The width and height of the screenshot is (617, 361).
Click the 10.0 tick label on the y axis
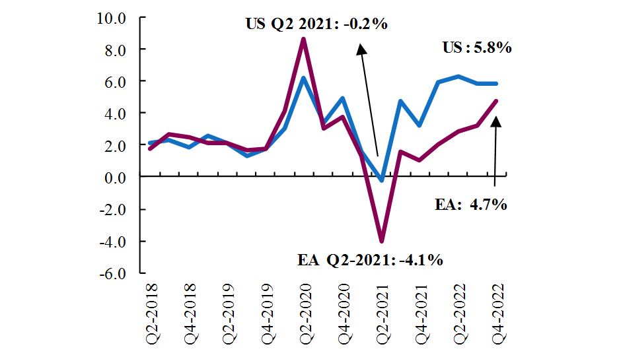point(112,18)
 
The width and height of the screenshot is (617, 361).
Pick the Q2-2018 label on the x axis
point(151,310)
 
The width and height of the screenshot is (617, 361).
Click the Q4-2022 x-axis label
point(497,310)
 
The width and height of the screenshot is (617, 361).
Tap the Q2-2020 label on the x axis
point(305,310)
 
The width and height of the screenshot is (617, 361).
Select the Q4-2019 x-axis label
point(266,310)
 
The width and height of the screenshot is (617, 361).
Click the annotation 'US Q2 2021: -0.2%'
point(316,24)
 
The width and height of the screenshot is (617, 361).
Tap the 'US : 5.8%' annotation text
point(476,48)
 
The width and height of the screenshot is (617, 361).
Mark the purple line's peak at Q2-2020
point(303,39)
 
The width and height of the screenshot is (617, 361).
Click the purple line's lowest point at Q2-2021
point(381,241)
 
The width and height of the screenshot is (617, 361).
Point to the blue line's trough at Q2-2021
point(381,180)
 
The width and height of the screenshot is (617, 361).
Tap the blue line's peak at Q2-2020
point(303,78)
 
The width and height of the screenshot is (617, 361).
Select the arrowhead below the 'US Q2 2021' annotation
point(360,48)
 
